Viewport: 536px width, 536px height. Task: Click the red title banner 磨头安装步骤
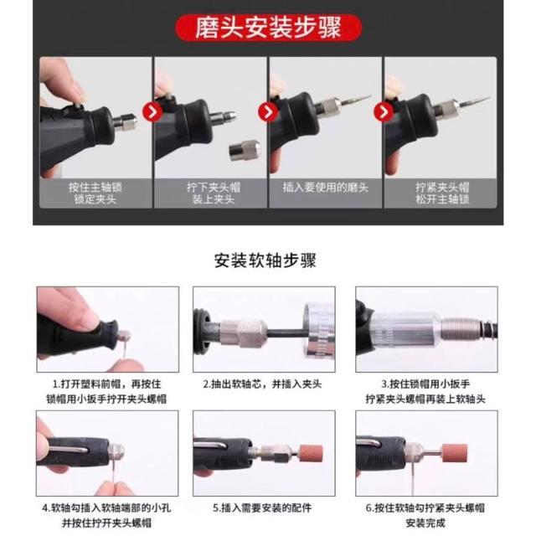[x=268, y=28]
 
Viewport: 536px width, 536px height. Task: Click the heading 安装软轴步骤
[x=265, y=260]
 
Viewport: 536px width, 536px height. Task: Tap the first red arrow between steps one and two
[x=152, y=111]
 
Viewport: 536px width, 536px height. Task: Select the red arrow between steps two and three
[x=268, y=111]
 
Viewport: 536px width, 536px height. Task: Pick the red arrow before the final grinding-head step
[x=384, y=111]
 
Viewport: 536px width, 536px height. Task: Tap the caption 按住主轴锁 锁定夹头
[x=95, y=193]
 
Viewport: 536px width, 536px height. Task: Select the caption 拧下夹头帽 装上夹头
[x=214, y=193]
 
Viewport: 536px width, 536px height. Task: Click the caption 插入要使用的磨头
[x=326, y=188]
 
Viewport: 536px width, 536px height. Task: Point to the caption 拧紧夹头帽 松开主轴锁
[x=442, y=193]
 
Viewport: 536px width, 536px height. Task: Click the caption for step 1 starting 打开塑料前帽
[x=106, y=391]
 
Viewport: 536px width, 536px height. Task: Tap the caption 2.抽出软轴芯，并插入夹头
[x=262, y=384]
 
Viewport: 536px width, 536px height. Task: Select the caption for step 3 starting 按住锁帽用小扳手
[x=425, y=391]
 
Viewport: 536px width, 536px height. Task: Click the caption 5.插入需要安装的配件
[x=262, y=508]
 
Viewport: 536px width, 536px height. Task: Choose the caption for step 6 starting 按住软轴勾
[x=425, y=515]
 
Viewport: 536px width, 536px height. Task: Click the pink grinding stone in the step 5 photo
[x=311, y=453]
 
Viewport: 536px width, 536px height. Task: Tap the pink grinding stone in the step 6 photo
[x=454, y=454]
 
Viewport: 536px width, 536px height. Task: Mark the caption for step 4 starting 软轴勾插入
[x=106, y=515]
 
